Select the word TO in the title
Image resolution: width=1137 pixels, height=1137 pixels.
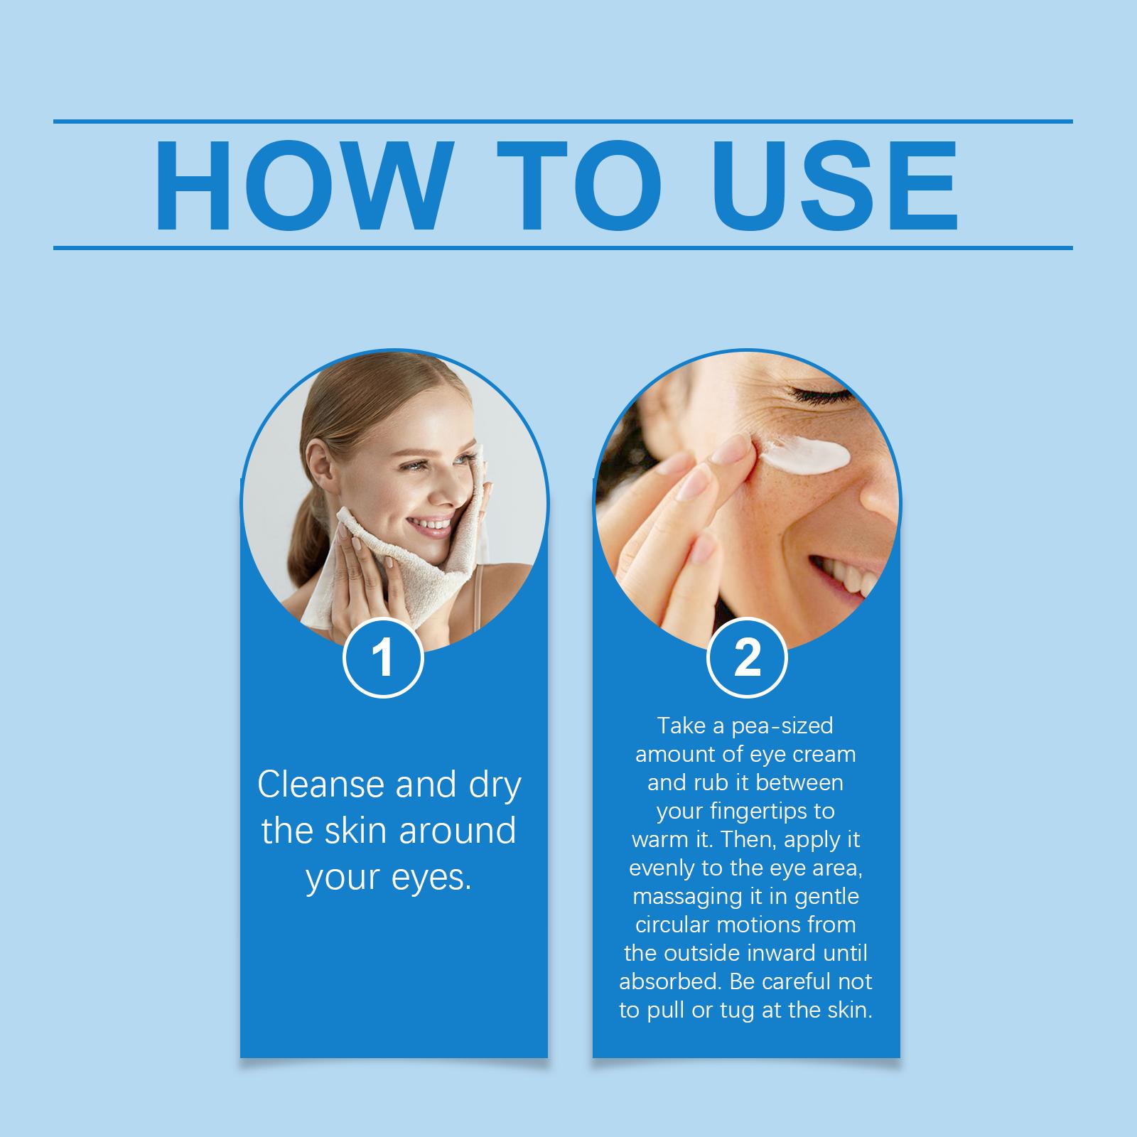pyautogui.click(x=578, y=186)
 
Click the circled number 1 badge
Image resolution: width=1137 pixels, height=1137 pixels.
pyautogui.click(x=384, y=658)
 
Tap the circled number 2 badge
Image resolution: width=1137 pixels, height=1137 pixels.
pyautogui.click(x=747, y=658)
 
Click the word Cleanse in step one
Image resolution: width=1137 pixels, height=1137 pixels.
pyautogui.click(x=321, y=785)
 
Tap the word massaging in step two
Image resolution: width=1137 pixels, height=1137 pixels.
pyautogui.click(x=683, y=897)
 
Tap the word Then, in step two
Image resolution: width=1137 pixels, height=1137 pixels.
pyautogui.click(x=744, y=840)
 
